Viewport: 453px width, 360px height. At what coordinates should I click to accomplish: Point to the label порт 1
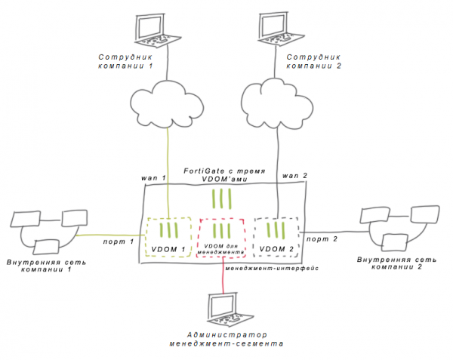119,242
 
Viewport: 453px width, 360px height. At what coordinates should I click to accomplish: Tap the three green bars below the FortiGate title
221,198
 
